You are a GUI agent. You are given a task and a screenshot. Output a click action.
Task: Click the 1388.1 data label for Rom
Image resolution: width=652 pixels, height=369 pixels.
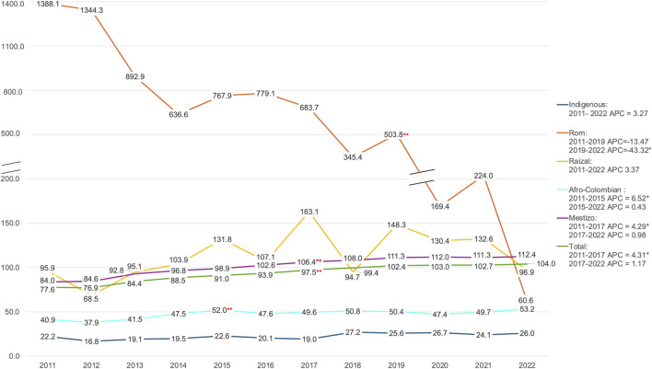(48, 5)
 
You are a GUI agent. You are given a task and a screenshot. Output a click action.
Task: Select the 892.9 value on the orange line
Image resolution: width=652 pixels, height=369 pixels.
(134, 77)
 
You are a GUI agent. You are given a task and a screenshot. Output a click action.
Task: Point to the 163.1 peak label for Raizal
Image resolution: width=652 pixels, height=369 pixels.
(309, 212)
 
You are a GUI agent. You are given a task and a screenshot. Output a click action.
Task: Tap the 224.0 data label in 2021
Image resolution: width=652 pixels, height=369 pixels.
(483, 176)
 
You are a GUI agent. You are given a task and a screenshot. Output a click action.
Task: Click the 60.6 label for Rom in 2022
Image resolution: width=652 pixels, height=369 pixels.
(527, 300)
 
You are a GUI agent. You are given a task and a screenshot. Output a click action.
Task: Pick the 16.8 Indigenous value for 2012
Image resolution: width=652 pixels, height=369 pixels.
(91, 341)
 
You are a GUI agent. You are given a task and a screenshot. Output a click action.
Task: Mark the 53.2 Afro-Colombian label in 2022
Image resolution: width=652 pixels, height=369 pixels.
(527, 309)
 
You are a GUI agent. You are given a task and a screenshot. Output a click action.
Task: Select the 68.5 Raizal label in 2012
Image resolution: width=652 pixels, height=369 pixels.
(90, 299)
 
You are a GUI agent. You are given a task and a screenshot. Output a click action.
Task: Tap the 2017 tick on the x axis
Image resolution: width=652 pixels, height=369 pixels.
(309, 365)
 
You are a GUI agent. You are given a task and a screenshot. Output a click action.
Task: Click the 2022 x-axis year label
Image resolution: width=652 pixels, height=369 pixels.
(527, 365)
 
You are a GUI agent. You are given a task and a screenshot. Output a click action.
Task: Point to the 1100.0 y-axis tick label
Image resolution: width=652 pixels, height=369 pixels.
(13, 47)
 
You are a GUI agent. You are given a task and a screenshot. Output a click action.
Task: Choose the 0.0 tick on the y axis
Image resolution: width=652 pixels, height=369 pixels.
(14, 356)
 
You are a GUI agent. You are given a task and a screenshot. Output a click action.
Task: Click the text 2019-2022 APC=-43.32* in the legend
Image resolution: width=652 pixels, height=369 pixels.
(609, 150)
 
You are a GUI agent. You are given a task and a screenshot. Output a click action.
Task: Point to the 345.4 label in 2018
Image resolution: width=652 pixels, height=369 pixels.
(353, 157)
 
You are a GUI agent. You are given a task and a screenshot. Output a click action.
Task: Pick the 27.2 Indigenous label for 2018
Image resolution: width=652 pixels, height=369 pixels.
(353, 333)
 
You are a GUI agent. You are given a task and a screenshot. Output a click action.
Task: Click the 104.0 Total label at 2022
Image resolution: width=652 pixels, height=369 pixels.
(546, 264)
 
